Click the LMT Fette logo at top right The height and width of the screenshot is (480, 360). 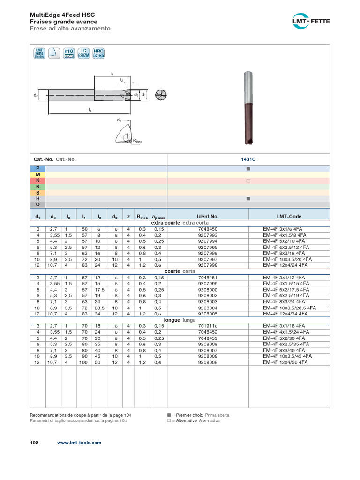[x=311, y=21]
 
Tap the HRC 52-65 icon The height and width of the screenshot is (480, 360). [x=98, y=53]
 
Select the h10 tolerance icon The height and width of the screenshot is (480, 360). [x=68, y=53]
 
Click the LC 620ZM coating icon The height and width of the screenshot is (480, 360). [x=83, y=53]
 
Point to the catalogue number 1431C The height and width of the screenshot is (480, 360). [x=248, y=159]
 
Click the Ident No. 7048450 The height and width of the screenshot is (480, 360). [x=208, y=229]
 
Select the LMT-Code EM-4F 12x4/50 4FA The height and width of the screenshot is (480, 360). [x=285, y=362]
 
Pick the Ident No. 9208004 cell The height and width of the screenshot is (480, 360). [x=208, y=308]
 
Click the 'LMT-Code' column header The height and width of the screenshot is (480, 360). [x=289, y=217]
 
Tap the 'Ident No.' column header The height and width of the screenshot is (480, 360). [x=208, y=217]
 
